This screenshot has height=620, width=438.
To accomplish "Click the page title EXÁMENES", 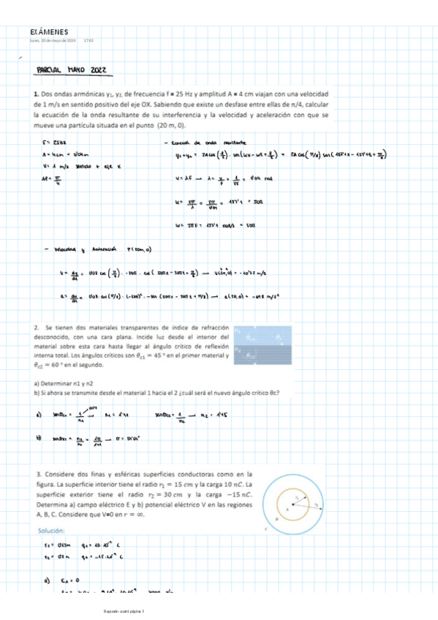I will (x=49, y=32).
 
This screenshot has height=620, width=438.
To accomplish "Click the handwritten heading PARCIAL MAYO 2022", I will (x=72, y=69).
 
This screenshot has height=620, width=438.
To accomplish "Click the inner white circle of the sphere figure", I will (x=295, y=505).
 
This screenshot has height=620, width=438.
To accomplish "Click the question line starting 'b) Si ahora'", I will (x=157, y=392).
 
